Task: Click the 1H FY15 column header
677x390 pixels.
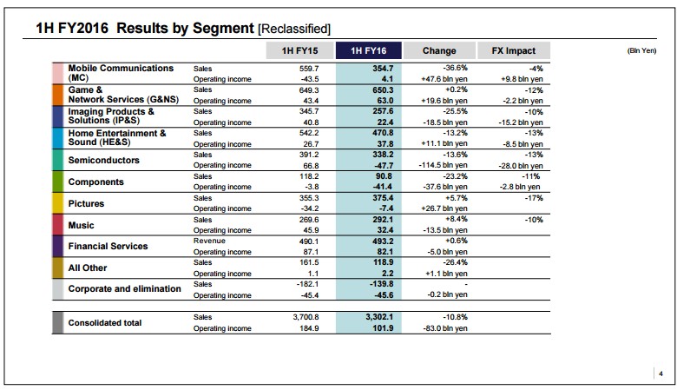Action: point(299,50)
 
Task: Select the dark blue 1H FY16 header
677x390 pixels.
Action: point(369,50)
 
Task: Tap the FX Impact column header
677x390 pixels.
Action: point(513,50)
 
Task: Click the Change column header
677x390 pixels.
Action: point(439,50)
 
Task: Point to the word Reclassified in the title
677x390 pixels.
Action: point(294,29)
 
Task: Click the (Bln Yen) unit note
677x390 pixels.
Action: point(641,50)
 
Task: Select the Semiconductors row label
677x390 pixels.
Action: point(103,160)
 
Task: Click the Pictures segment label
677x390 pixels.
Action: point(86,203)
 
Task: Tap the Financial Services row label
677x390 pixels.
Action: point(108,246)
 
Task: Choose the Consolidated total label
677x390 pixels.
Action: point(105,322)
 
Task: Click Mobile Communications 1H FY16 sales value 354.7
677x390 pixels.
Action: point(383,69)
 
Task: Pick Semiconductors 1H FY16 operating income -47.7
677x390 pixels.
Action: point(383,165)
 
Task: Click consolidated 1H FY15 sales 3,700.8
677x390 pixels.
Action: point(306,317)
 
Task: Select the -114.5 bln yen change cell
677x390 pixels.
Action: point(443,165)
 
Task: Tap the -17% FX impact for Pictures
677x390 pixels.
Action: point(534,198)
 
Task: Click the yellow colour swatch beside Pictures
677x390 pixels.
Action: point(57,203)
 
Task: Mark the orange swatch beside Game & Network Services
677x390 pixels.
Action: point(57,95)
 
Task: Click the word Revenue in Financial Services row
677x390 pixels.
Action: point(209,241)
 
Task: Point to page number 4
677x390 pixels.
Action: point(661,373)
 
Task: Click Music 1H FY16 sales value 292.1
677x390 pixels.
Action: point(383,220)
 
